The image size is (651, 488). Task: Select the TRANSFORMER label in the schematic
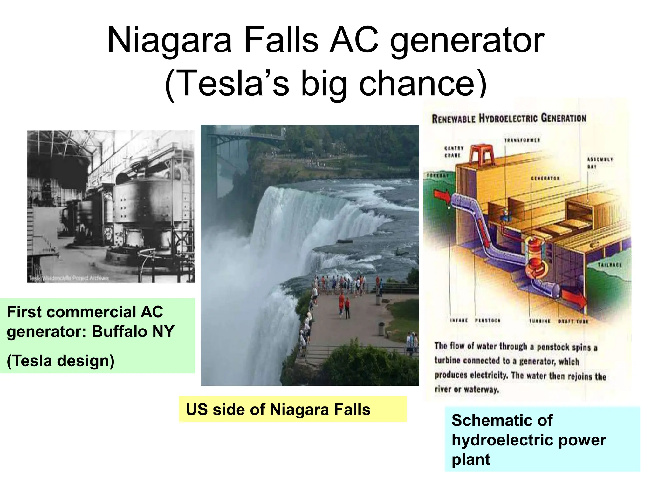click(522, 140)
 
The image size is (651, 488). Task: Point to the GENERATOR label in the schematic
click(545, 178)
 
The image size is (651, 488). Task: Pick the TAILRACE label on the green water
click(609, 265)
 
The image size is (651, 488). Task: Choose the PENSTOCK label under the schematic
click(488, 321)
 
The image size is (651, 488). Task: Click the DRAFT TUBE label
click(573, 321)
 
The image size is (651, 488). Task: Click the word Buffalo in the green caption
click(120, 331)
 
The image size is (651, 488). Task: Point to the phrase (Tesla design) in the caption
click(60, 361)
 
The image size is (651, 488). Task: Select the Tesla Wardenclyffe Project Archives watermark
click(68, 278)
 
